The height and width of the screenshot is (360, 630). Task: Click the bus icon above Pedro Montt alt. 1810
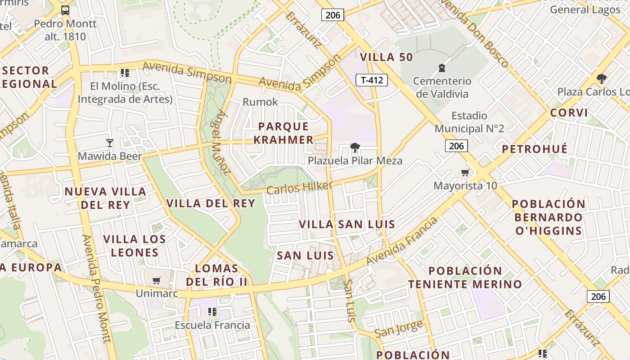point(65,10)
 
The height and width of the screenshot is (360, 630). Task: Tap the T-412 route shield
point(372,80)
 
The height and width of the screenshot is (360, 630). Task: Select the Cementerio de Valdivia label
point(442,87)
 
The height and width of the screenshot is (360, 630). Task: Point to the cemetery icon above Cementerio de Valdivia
point(442,68)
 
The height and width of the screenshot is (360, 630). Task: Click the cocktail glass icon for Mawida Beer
point(109,143)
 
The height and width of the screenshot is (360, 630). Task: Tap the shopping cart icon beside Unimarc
point(157,281)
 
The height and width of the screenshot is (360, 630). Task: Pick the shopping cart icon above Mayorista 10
point(465,173)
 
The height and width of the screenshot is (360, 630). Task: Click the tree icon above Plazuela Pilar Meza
point(355,147)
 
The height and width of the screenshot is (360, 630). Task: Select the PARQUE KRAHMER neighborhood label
point(283,133)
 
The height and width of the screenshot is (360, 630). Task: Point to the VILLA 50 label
point(387,57)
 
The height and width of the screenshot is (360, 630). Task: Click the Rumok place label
point(260,102)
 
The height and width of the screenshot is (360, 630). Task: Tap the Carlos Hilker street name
point(299,188)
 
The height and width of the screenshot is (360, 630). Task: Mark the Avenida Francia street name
point(402,242)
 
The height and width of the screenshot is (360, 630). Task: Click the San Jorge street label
point(399,329)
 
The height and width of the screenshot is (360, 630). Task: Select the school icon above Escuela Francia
point(212,311)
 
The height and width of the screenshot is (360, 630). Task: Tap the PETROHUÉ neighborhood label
point(535,149)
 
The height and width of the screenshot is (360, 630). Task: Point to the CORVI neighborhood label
point(569,112)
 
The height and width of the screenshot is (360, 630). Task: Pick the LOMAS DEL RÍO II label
point(217,275)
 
